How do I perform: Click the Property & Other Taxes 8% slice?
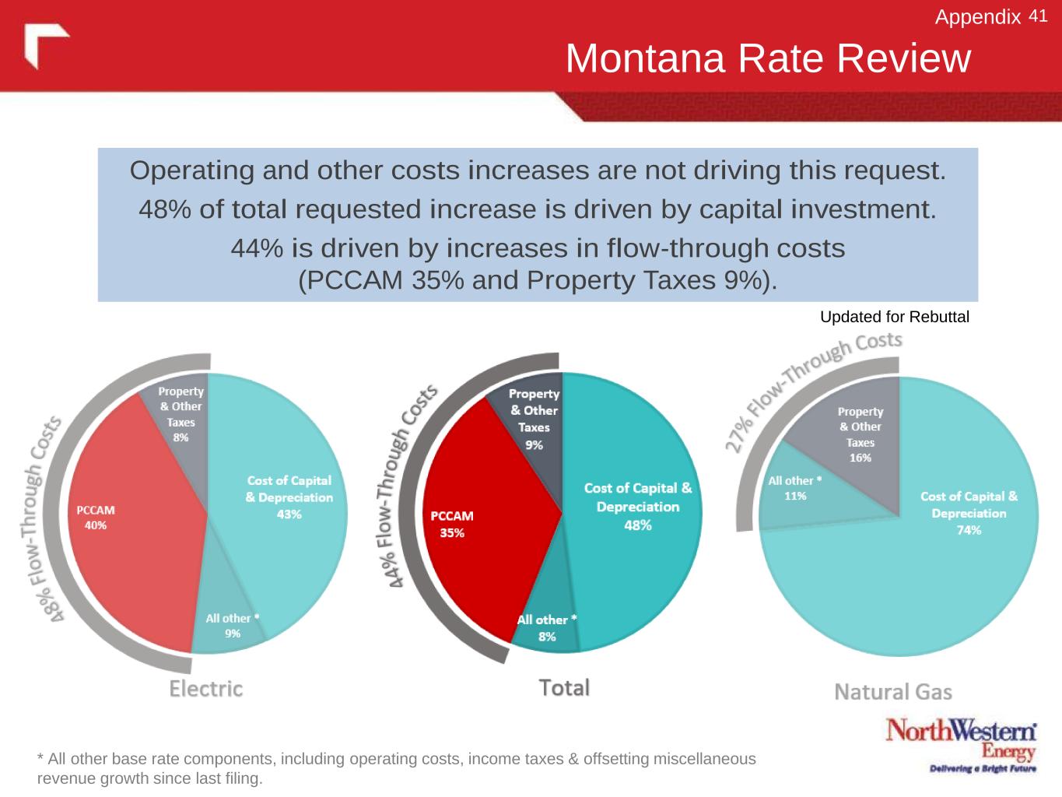click(x=181, y=416)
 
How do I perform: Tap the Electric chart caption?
click(x=206, y=689)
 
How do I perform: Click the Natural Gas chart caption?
click(x=893, y=692)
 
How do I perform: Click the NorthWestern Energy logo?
click(x=961, y=744)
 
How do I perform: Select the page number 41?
click(x=1038, y=16)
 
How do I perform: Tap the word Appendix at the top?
click(x=978, y=17)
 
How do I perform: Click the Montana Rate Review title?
click(x=768, y=58)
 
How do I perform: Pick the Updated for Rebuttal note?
click(x=895, y=317)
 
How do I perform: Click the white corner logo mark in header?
click(x=45, y=44)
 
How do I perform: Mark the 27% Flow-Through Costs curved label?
click(x=809, y=389)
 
